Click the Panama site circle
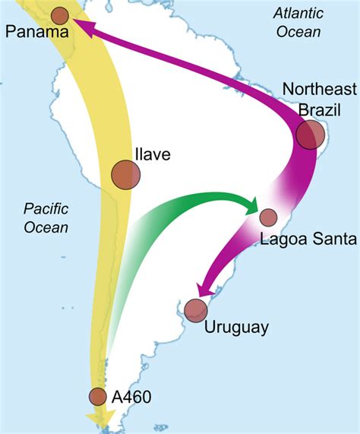(x=60, y=14)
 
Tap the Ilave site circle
(x=125, y=174)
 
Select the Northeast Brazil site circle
(x=311, y=135)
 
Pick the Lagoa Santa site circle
(x=268, y=217)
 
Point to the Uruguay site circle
(x=196, y=309)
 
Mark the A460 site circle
(x=97, y=396)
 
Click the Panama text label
(x=36, y=32)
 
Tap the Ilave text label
(x=152, y=154)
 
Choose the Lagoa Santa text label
(x=308, y=239)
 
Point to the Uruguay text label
(x=236, y=328)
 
